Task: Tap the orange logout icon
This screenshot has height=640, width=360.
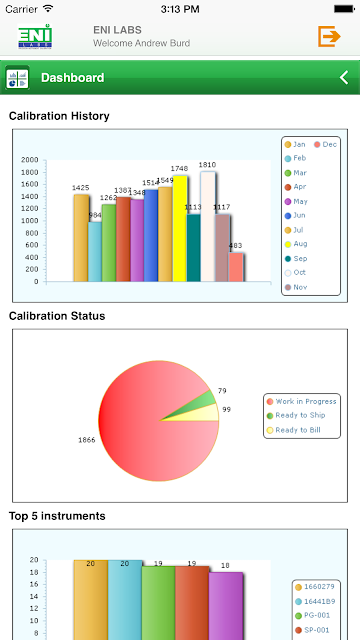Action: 329,36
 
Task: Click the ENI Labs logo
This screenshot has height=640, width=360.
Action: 35,36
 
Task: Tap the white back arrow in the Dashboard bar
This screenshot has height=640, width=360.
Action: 344,77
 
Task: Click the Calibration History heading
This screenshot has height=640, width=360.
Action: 59,116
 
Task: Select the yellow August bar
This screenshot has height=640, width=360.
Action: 180,229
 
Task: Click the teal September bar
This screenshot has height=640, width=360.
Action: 193,248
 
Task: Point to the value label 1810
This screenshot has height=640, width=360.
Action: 207,165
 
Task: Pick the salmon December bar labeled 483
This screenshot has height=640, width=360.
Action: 236,267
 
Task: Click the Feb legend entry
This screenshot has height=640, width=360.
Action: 295,158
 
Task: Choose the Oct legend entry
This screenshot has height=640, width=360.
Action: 295,273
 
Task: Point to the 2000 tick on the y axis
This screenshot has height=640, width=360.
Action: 30,160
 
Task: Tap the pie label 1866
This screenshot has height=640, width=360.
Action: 87,440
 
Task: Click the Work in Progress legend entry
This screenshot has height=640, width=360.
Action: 301,402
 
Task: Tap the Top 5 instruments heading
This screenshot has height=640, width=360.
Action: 57,516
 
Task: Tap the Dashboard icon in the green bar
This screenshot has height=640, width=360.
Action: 17,78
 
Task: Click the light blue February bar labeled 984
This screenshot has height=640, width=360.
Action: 95,252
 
